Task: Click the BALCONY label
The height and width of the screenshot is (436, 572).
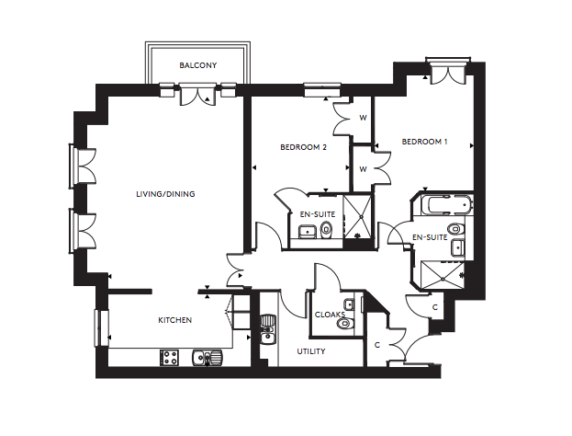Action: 197,65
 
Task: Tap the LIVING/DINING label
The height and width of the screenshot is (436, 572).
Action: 165,194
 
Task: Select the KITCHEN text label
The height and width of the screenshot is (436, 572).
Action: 174,320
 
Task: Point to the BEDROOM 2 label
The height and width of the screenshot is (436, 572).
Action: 303,147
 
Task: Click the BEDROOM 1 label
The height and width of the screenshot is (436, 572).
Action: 424,142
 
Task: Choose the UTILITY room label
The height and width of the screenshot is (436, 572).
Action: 311,351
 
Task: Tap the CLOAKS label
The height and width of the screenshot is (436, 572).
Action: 330,315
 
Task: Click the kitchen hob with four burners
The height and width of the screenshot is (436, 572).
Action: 169,358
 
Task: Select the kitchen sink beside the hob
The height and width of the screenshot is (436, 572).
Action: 207,358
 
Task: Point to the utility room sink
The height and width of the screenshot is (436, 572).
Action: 268,329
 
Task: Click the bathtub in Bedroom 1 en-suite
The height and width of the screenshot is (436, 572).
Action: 446,204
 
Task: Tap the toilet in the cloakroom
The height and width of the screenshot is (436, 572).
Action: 344,323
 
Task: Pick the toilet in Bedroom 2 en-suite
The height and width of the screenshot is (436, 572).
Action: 326,230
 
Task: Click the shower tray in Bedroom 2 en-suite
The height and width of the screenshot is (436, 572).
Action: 358,217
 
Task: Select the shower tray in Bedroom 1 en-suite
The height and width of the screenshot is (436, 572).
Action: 443,274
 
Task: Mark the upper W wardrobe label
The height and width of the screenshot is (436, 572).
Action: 363,118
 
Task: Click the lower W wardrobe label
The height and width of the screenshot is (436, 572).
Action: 363,169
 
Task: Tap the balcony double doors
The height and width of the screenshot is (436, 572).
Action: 197,95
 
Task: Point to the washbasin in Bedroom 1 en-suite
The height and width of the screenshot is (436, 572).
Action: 457,248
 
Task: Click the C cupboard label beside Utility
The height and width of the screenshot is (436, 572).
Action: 377,345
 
